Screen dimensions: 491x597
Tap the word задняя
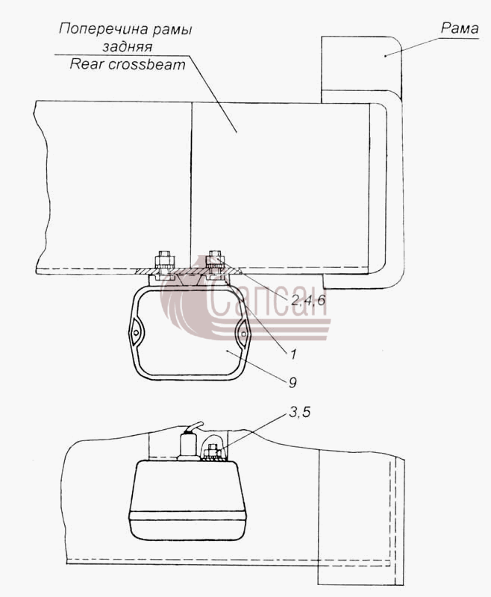click(x=128, y=46)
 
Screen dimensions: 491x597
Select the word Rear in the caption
click(x=87, y=64)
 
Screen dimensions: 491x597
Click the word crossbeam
click(x=147, y=64)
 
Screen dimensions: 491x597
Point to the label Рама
click(x=460, y=28)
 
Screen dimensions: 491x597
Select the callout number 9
click(x=293, y=382)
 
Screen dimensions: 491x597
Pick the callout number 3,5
click(x=299, y=412)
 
